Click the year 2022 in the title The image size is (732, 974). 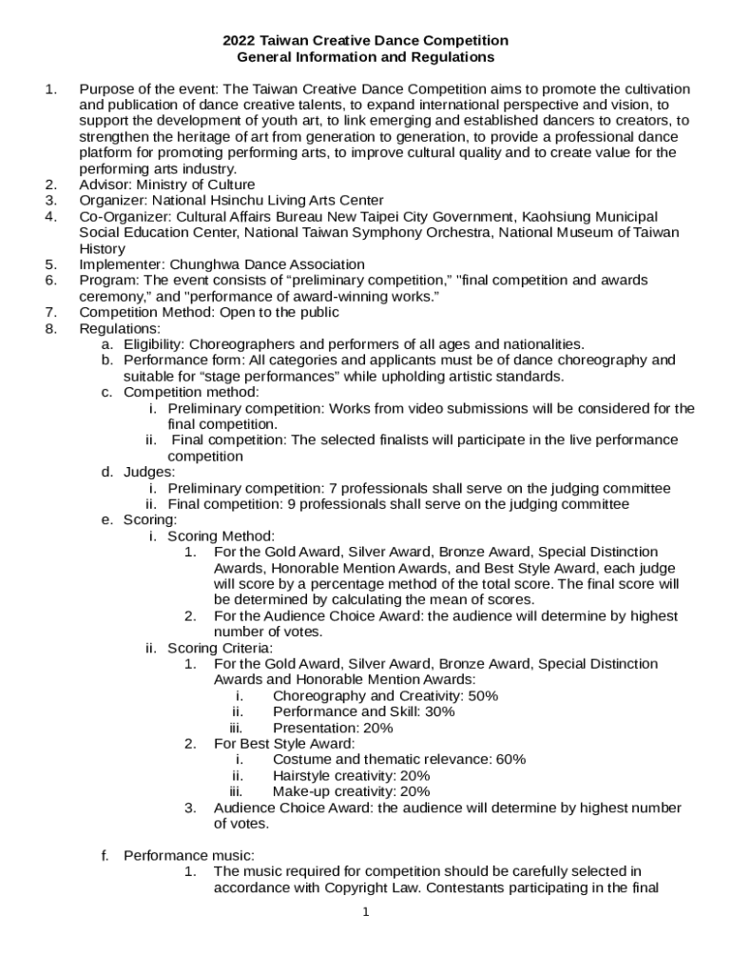[x=240, y=41]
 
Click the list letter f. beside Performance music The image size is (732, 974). [x=106, y=855]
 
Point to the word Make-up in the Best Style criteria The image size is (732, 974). [x=299, y=791]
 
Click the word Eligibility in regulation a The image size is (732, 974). [x=156, y=344]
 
